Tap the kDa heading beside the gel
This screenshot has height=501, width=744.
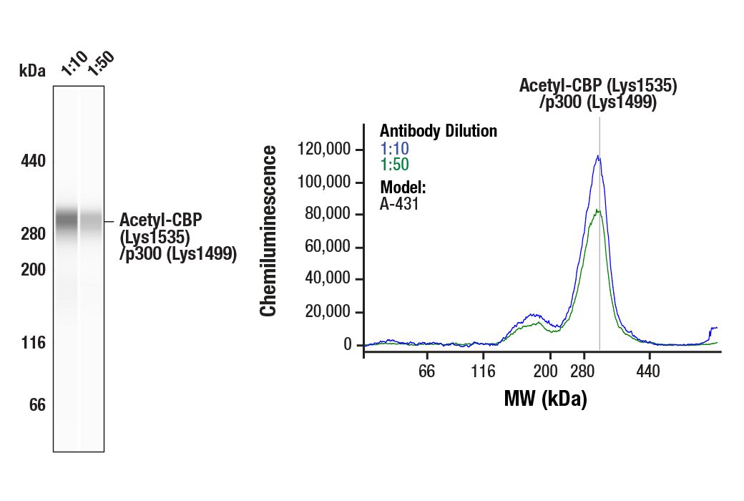pos(32,71)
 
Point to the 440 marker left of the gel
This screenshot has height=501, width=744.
pos(32,161)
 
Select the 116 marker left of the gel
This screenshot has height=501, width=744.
pos(32,343)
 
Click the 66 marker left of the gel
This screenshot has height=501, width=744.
pos(36,405)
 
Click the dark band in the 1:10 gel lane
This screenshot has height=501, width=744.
pos(66,217)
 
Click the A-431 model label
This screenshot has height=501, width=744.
pos(398,204)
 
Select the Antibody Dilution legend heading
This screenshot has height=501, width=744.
pos(438,131)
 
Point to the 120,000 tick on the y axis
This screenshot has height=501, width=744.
pos(325,150)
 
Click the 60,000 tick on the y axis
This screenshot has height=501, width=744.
pos(330,248)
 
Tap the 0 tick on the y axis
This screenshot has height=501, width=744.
pos(348,345)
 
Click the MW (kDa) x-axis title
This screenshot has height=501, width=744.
pos(545,399)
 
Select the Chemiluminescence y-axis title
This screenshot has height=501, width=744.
pos(269,230)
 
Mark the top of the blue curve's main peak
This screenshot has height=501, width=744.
pos(598,156)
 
